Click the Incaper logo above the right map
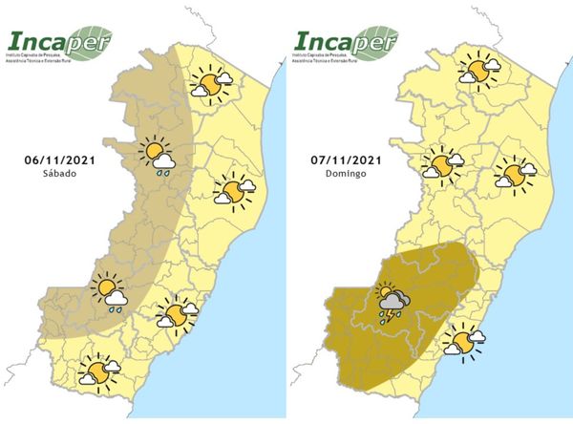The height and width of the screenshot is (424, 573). click(344, 43)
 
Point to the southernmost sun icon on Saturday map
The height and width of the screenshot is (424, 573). click(98, 369)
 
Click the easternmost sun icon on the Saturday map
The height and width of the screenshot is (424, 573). click(232, 191)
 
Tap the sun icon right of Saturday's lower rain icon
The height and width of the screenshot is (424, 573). click(176, 313)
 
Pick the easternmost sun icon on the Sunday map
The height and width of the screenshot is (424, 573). click(517, 176)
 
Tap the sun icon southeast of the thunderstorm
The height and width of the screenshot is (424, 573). click(465, 341)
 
